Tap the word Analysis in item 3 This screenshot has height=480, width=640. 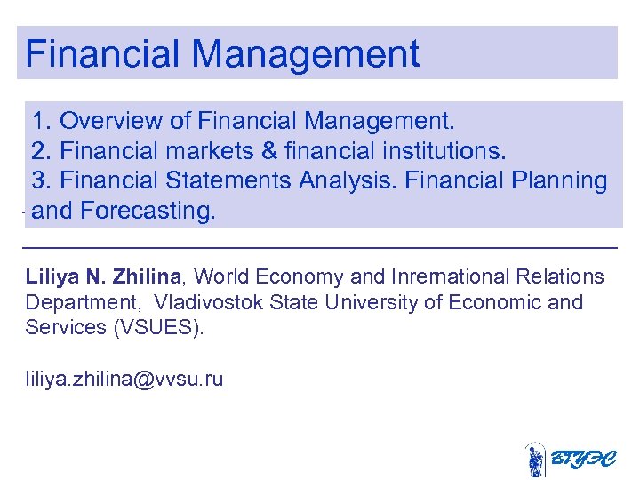(348, 180)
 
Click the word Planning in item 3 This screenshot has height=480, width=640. (560, 180)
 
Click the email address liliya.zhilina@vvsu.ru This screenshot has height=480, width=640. (124, 380)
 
